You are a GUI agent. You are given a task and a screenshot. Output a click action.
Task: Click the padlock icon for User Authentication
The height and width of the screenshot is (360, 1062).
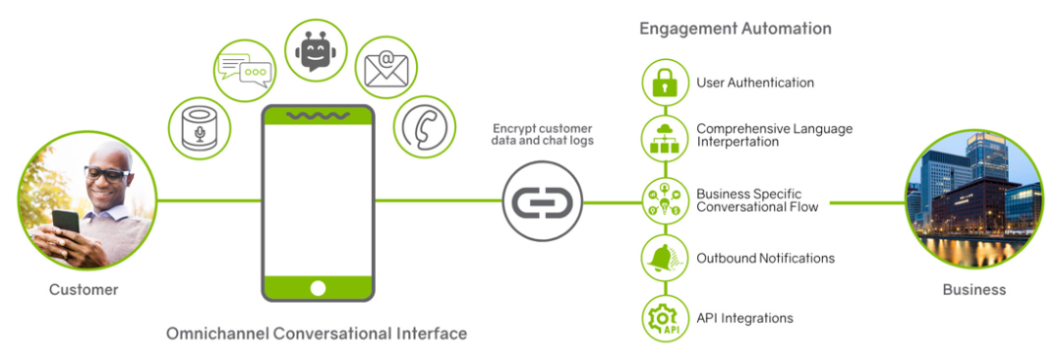665,83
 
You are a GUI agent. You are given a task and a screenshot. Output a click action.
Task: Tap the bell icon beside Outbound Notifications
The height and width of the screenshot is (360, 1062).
665,258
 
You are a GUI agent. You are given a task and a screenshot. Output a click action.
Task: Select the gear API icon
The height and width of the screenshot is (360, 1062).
665,318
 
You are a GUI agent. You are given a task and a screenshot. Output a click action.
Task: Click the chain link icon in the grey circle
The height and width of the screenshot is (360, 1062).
542,203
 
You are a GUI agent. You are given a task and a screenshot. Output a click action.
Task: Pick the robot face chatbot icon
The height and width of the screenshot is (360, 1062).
315,51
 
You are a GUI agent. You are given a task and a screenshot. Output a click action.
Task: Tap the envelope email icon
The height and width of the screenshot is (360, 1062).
385,69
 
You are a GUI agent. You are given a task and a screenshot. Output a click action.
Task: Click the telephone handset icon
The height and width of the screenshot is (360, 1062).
425,127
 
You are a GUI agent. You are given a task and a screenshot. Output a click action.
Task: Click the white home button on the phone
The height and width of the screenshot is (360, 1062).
318,287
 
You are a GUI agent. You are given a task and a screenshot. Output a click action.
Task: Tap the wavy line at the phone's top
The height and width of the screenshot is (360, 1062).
317,116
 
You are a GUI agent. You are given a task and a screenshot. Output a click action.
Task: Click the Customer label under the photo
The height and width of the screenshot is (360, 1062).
84,289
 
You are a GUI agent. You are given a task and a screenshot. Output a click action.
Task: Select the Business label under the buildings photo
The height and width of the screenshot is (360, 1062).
974,289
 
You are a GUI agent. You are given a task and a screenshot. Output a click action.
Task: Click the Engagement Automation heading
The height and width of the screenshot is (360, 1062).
736,29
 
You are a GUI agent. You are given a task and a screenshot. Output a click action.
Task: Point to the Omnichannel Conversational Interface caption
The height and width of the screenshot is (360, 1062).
316,333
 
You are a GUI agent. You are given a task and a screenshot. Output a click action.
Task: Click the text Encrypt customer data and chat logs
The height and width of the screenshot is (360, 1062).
543,135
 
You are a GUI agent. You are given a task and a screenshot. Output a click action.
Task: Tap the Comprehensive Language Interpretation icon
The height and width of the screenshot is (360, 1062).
665,140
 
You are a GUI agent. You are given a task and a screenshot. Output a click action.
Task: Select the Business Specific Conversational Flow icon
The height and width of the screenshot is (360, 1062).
665,199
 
